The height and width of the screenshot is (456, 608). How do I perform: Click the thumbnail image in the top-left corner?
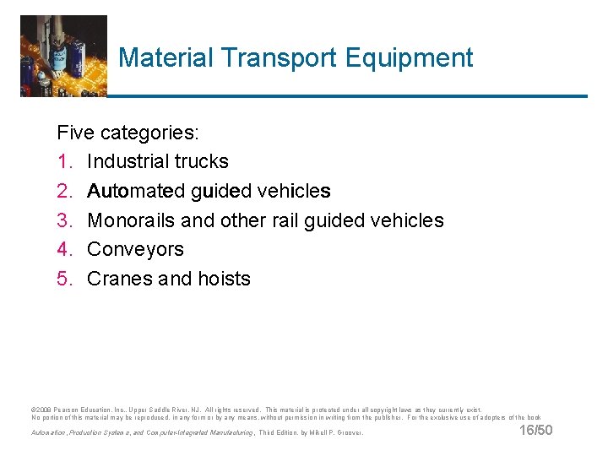[63, 56]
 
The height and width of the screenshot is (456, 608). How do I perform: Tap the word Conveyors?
[135, 250]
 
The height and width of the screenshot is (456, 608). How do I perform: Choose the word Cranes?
[119, 280]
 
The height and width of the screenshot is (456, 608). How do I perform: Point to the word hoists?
[224, 280]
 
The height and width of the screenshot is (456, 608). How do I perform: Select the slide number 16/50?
[535, 432]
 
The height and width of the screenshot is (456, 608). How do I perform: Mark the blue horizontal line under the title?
[346, 95]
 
